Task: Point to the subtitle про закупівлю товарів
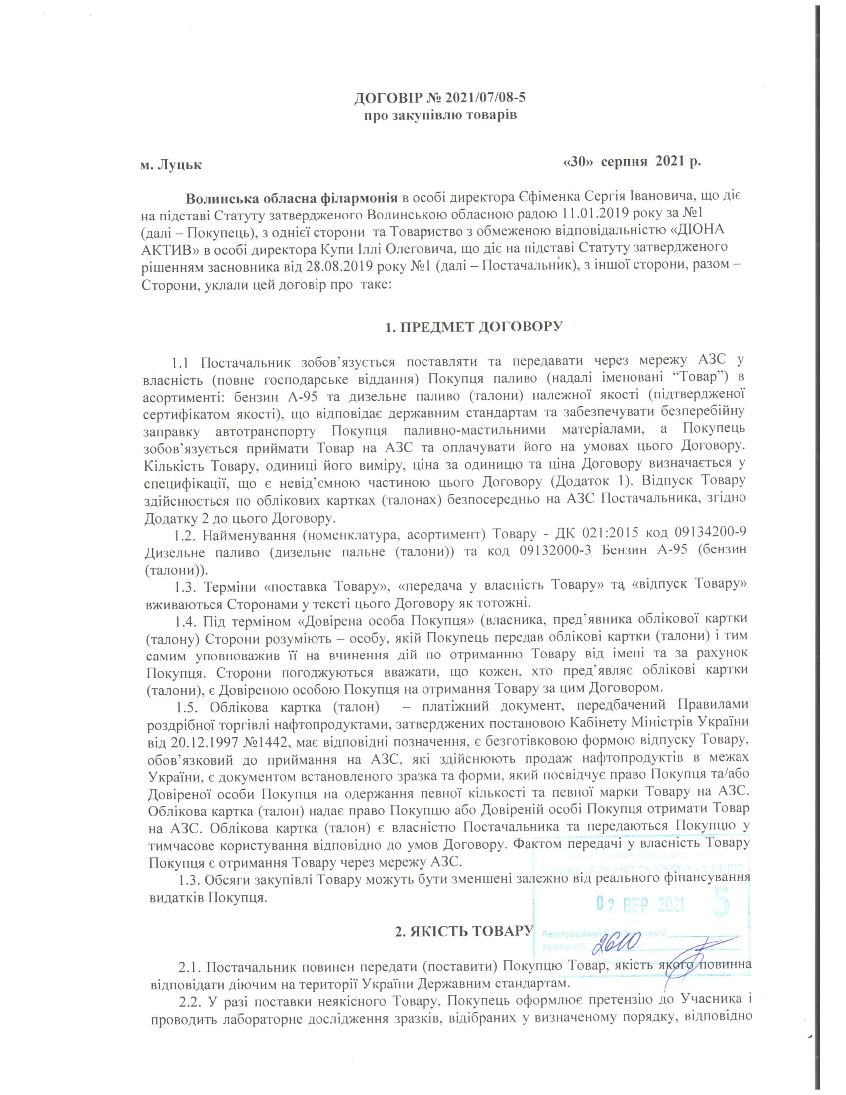(x=439, y=116)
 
